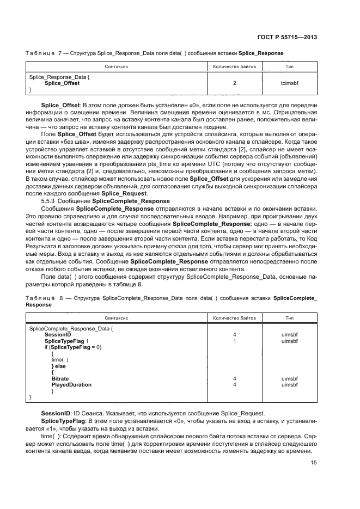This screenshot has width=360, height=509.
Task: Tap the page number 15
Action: [314, 462]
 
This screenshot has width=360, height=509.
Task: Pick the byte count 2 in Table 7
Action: [234, 83]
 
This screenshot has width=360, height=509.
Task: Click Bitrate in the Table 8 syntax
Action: [60, 377]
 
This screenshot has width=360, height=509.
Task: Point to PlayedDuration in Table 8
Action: [71, 384]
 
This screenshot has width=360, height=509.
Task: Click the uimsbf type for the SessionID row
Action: [289, 335]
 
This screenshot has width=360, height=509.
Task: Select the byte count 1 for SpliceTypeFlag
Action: [234, 341]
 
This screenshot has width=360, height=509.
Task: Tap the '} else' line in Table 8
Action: [59, 365]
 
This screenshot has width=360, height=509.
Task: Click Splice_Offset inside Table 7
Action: [62, 83]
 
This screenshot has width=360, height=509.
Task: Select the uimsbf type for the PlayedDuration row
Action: [289, 384]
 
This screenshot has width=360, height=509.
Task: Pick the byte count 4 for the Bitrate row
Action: [234, 377]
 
